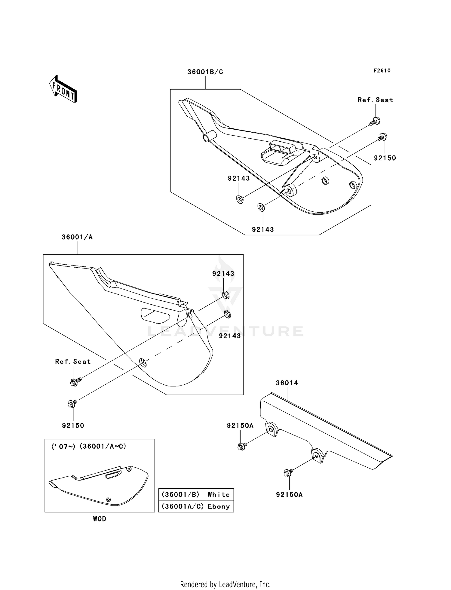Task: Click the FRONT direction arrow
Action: point(63,89)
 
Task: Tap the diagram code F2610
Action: point(382,71)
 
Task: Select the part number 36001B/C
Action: point(205,72)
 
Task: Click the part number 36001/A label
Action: point(77,237)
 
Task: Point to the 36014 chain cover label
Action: point(287,383)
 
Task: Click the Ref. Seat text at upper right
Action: point(375,100)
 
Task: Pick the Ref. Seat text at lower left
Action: point(73,361)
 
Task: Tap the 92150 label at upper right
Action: point(385,158)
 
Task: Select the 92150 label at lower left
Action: point(73,426)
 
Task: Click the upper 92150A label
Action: point(240,426)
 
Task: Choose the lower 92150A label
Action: point(289,495)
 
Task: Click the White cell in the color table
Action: point(219,495)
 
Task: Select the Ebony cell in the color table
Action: point(219,506)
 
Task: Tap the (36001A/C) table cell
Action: point(183,506)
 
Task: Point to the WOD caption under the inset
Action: point(100,519)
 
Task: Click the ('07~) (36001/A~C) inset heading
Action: point(89,447)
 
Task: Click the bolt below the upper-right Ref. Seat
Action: point(375,121)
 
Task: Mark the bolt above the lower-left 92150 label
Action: point(72,404)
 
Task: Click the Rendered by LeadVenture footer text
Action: point(225,584)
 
